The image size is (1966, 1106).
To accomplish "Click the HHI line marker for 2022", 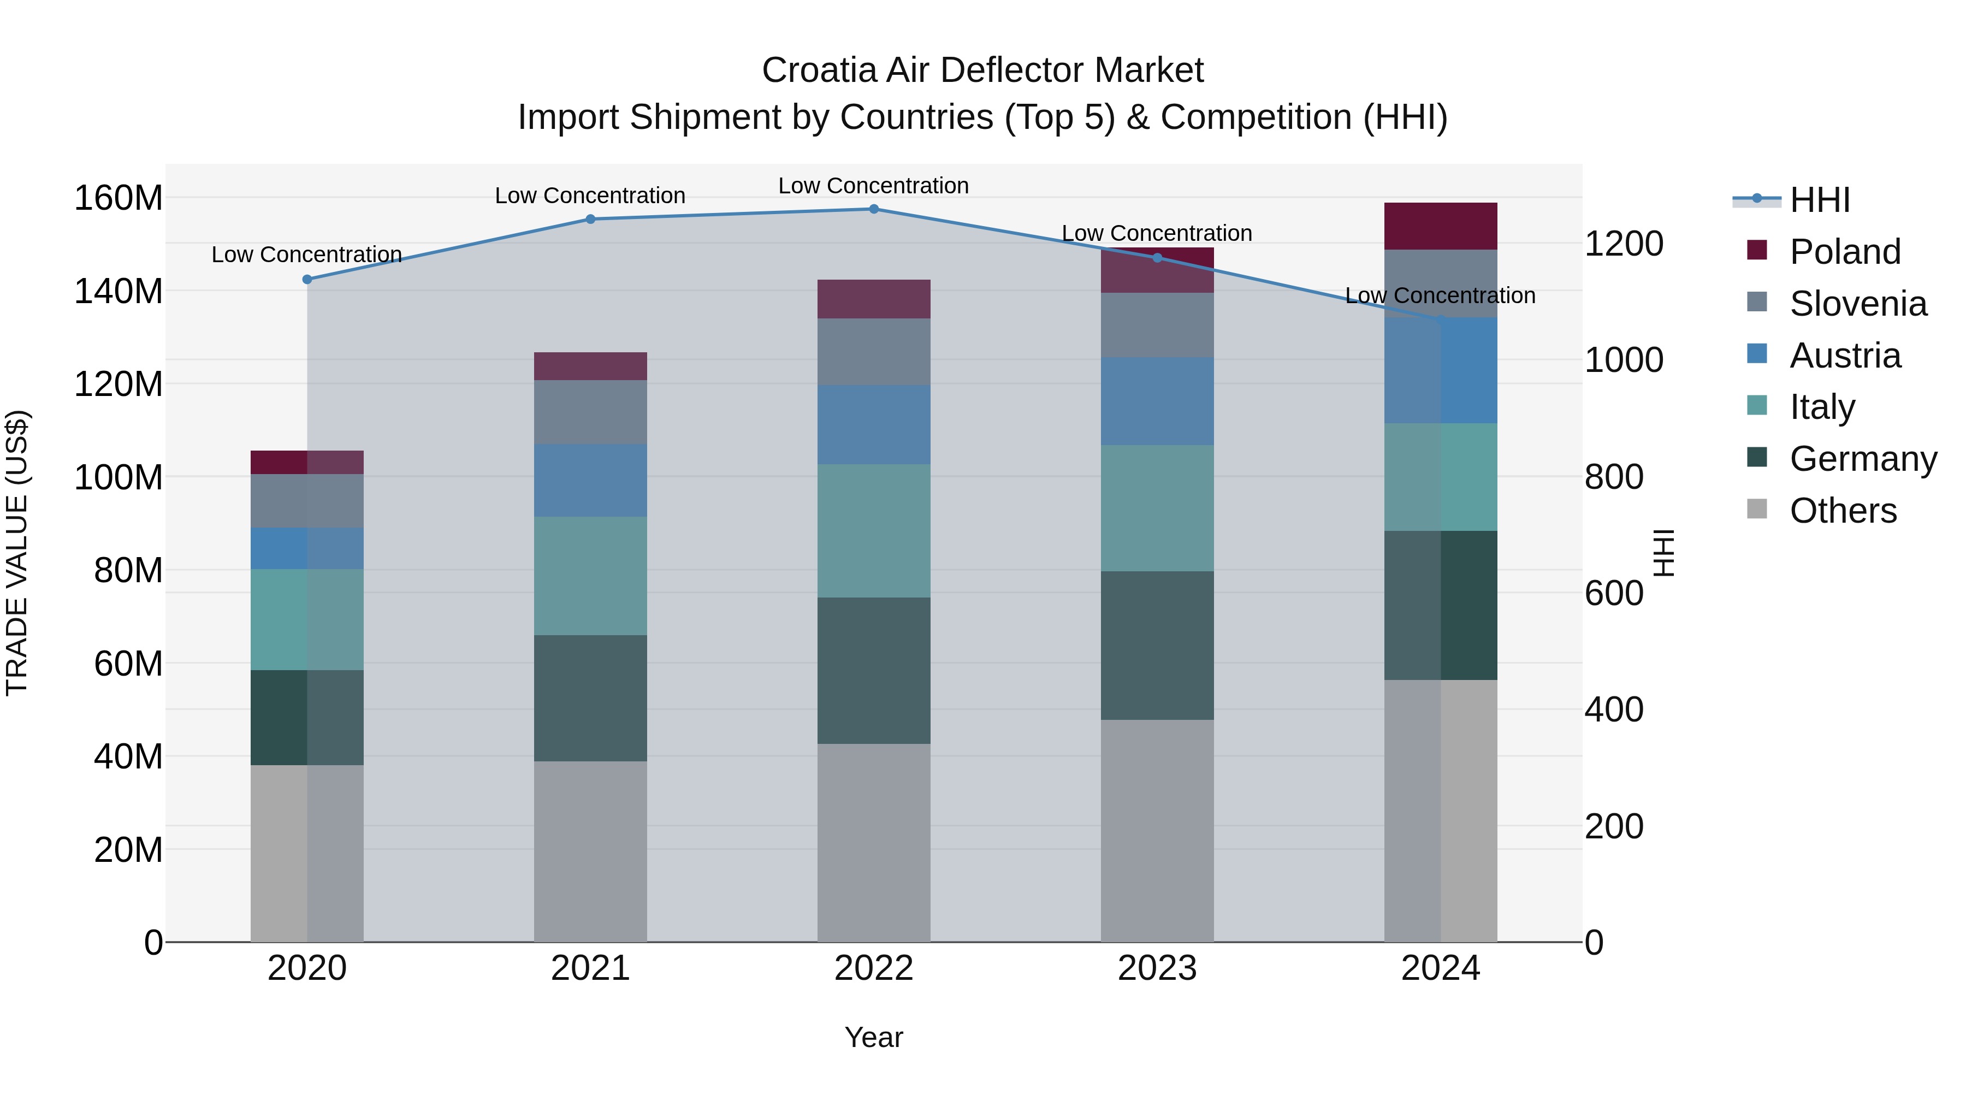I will point(874,209).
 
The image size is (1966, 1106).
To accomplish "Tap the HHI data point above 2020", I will point(307,279).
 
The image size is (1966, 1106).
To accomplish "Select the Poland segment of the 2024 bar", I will point(1440,226).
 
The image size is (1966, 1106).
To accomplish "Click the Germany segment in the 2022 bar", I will point(874,670).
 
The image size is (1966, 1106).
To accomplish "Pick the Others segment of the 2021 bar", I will point(590,851).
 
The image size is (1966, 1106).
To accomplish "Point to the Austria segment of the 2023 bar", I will point(1157,401).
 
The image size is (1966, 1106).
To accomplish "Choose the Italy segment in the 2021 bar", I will point(590,576).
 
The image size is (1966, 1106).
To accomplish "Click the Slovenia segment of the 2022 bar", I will point(874,352).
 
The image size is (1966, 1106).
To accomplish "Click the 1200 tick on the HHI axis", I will point(1624,244).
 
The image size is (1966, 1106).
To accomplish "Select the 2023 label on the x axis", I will point(1157,968).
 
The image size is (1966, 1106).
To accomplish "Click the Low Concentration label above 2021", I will point(590,196).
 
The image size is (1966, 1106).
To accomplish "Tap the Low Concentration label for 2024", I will point(1440,295).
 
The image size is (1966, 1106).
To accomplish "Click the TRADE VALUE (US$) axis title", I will point(17,553).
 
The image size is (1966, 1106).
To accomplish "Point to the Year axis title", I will point(873,1037).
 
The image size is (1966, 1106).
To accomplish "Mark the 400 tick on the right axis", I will point(1613,710).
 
